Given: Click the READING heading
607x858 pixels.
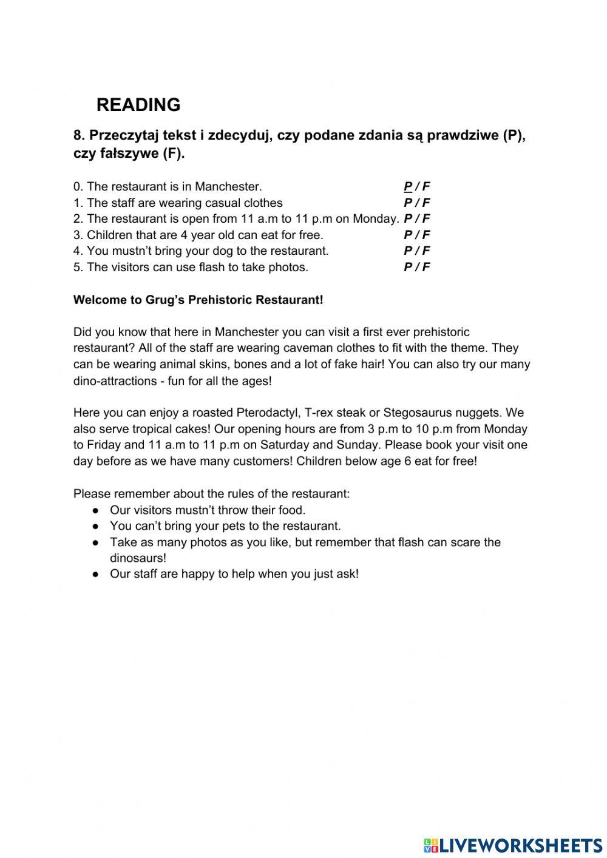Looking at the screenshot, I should click(138, 105).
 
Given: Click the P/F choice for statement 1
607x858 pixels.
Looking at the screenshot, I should click(417, 203).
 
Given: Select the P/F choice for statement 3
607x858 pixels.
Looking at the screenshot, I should click(417, 235).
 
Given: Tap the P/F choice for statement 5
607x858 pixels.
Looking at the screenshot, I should click(417, 267).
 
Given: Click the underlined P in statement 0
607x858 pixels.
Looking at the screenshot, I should click(408, 186).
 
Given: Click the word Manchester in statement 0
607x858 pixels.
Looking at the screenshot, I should click(228, 186).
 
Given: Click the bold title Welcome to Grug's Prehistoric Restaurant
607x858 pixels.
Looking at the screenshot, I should click(198, 300).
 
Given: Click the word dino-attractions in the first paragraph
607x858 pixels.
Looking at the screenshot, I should click(112, 381).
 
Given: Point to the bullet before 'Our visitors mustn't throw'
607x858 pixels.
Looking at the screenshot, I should click(95, 510).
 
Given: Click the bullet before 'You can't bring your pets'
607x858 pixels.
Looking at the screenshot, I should click(95, 526).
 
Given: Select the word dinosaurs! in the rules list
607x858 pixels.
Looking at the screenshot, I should click(138, 558).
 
